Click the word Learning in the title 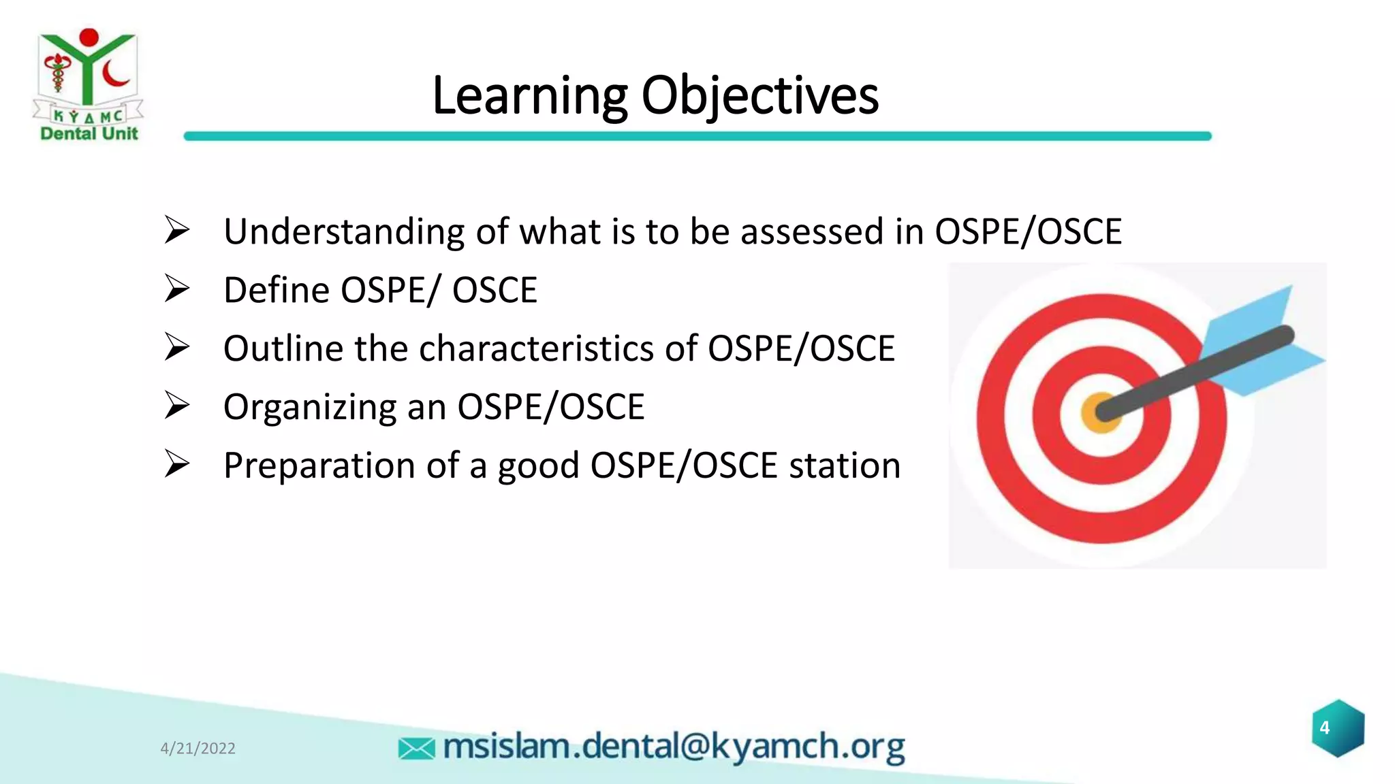(x=529, y=97)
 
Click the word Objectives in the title (x=759, y=97)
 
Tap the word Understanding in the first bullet (x=344, y=232)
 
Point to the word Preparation (x=319, y=466)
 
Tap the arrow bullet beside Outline (x=176, y=348)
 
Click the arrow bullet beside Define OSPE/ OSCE (x=176, y=289)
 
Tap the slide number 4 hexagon (x=1338, y=728)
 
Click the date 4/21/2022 (x=198, y=749)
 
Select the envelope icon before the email (x=416, y=749)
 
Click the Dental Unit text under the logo (x=89, y=133)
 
